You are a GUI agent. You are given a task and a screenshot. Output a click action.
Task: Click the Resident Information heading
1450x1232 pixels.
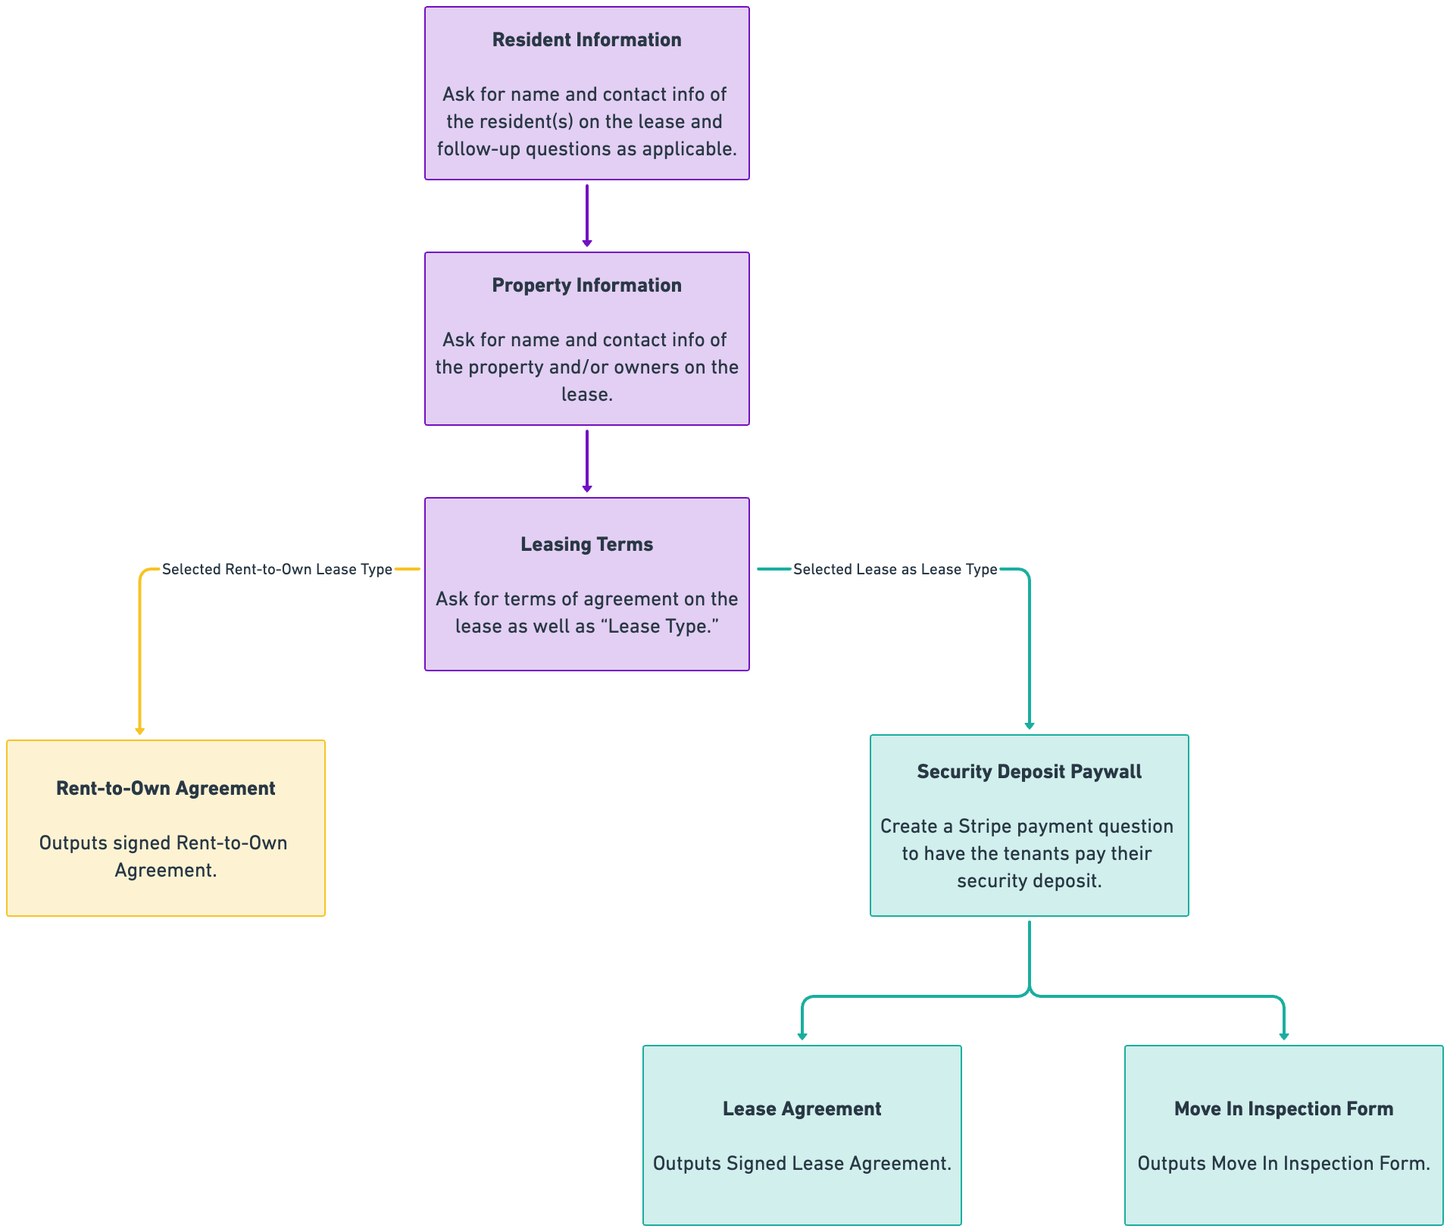tap(586, 40)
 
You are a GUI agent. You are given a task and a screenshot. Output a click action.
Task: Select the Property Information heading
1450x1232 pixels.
tap(586, 286)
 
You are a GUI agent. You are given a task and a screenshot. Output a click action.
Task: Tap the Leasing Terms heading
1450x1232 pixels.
tap(586, 545)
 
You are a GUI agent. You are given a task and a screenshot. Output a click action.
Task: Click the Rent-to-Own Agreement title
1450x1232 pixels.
tap(165, 789)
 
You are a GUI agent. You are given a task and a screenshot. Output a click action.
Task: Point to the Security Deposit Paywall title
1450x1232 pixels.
tap(1029, 772)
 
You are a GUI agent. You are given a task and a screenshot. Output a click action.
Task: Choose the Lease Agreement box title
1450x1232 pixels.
tap(802, 1109)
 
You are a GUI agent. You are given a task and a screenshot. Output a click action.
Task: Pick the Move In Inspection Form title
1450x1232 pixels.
tap(1283, 1109)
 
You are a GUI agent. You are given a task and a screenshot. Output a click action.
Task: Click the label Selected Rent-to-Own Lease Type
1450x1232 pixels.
tap(277, 570)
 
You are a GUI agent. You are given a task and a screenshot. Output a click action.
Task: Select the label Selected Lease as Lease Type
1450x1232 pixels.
tap(895, 570)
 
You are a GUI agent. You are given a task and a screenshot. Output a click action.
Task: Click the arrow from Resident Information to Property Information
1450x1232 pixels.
tap(586, 216)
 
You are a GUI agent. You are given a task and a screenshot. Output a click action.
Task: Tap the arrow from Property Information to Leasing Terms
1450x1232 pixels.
tap(586, 461)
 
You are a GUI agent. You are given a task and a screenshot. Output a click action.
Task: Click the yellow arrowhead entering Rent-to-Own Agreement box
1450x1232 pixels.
tap(139, 730)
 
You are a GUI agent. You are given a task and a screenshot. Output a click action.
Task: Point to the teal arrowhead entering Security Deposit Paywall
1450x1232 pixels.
tap(1029, 725)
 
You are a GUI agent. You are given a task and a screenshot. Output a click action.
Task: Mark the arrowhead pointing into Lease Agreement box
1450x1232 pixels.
tap(802, 1036)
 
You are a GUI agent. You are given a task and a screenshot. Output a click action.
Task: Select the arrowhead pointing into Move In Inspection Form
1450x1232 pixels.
tap(1283, 1036)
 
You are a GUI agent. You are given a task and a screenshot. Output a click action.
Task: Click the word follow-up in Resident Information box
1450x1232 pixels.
tap(477, 149)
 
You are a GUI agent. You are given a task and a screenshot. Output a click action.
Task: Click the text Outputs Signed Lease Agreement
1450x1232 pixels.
tap(802, 1164)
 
